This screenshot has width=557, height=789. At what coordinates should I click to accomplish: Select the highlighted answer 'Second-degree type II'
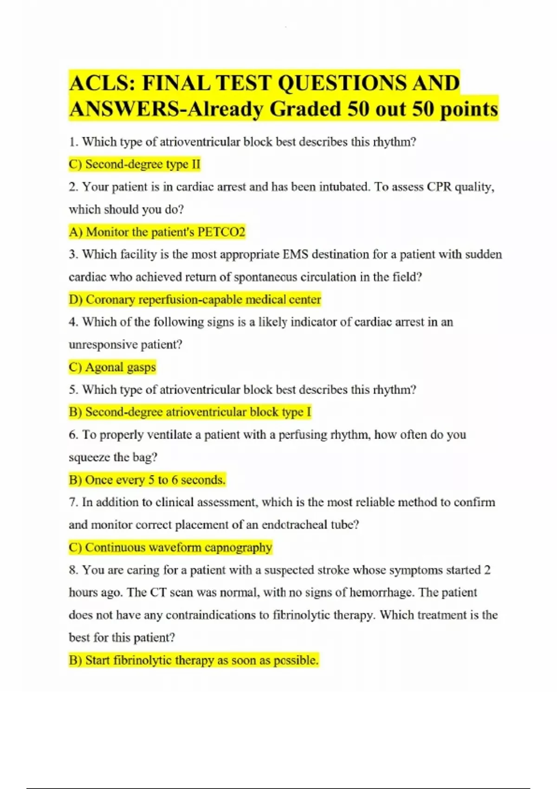click(135, 164)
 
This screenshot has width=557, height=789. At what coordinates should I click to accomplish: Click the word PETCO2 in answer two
click(221, 232)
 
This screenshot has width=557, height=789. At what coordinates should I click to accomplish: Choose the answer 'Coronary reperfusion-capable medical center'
click(195, 300)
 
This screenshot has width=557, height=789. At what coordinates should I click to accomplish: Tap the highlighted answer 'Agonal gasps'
click(112, 368)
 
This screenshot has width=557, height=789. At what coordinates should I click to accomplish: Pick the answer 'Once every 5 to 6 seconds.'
click(147, 480)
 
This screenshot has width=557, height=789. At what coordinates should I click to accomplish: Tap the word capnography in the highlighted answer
click(238, 548)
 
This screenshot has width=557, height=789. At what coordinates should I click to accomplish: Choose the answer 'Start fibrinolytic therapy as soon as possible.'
click(194, 660)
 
